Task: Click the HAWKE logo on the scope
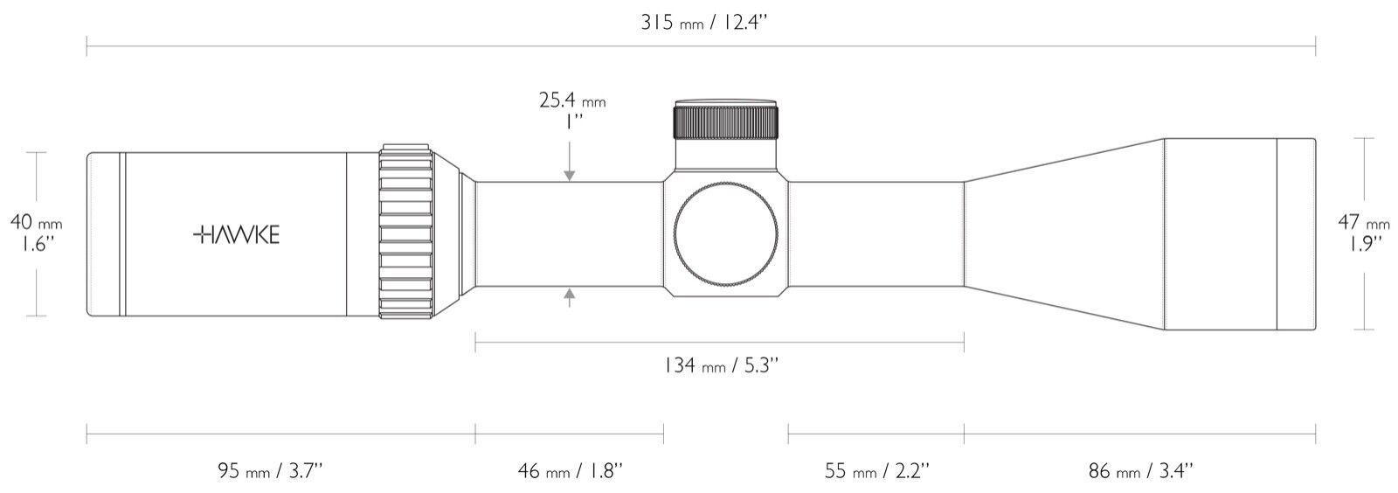[236, 234]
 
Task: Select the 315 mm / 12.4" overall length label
[703, 23]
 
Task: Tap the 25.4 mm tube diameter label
[572, 101]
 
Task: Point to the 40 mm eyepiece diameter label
[36, 223]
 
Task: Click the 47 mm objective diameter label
[1364, 222]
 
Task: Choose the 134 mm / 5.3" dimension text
[721, 365]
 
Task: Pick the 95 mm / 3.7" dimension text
[271, 470]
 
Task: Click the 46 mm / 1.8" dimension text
[570, 470]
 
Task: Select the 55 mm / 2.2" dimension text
[877, 470]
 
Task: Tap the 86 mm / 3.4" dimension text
[1141, 470]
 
